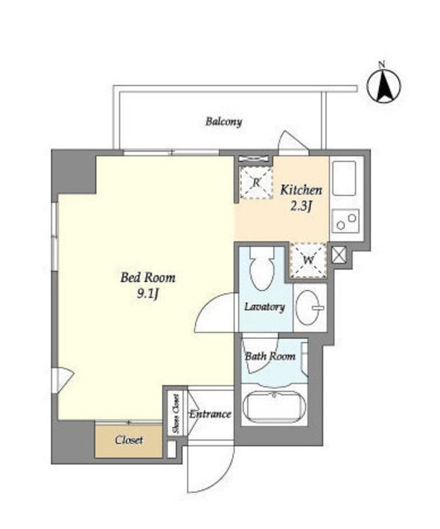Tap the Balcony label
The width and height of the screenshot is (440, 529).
(224, 122)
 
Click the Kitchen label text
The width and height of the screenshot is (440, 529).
(301, 190)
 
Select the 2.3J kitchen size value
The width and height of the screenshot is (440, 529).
(301, 207)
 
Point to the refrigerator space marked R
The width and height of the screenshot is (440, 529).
(256, 183)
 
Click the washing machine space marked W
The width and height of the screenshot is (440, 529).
(308, 260)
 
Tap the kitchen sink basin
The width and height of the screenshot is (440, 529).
(344, 178)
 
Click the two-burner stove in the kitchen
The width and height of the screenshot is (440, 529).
(346, 221)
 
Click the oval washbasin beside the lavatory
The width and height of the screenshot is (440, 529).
(308, 307)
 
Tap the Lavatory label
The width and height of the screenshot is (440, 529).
(265, 307)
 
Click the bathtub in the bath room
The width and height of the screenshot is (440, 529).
(275, 408)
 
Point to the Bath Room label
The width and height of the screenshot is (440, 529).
(270, 356)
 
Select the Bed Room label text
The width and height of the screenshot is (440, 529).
(148, 278)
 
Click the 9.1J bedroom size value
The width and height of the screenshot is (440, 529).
(147, 294)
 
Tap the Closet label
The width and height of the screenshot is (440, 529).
(129, 440)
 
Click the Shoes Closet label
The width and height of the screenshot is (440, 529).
(175, 414)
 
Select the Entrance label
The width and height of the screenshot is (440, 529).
(210, 414)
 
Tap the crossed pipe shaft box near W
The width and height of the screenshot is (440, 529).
(339, 255)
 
